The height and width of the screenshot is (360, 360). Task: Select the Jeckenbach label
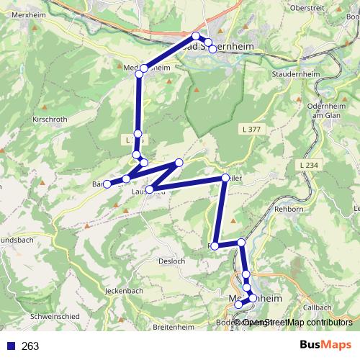point(123,291)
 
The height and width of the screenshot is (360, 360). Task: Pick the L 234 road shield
point(307,166)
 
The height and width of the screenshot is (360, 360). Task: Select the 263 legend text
point(30,346)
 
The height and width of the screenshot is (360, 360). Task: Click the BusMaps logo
point(325,345)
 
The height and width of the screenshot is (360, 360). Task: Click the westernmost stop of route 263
point(107,184)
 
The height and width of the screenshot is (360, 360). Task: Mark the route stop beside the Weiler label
point(225,178)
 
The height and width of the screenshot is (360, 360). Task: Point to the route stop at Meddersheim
point(143,68)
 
